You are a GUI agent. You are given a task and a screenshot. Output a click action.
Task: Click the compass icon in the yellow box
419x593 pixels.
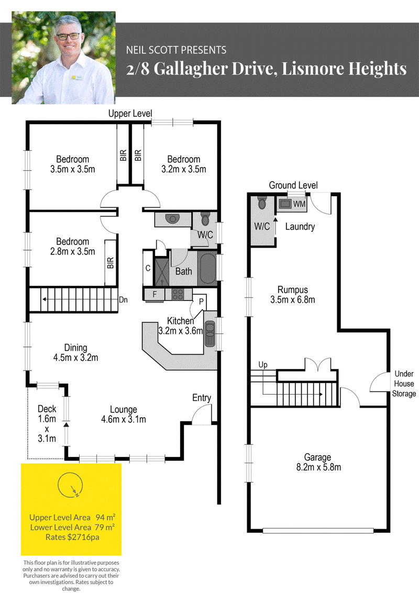click(x=70, y=485)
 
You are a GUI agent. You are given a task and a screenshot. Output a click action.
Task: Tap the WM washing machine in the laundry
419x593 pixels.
click(x=285, y=204)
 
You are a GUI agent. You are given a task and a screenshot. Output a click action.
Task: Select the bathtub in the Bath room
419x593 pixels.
click(x=207, y=268)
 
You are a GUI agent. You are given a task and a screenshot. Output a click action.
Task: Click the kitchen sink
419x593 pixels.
click(x=210, y=334)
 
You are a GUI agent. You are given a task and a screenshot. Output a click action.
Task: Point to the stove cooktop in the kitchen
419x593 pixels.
click(x=178, y=294)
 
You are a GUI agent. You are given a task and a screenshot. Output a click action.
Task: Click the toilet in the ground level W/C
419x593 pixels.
click(x=261, y=203)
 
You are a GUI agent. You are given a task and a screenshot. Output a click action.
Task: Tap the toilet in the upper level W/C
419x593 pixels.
click(x=205, y=219)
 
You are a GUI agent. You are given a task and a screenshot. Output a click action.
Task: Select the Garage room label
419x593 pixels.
click(x=318, y=462)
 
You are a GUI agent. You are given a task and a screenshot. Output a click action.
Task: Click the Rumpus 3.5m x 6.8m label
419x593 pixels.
click(x=293, y=295)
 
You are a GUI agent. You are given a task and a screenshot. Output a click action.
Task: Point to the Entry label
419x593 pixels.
click(x=201, y=397)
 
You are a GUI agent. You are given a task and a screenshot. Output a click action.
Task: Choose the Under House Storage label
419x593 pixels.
click(x=404, y=384)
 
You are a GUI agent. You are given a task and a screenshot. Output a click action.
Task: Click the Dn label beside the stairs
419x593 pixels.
click(x=123, y=300)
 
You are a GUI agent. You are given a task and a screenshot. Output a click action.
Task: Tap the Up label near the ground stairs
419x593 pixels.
click(x=263, y=365)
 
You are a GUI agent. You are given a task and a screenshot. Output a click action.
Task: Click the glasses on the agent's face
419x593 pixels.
click(x=68, y=36)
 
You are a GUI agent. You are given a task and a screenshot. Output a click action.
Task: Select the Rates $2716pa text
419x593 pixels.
click(x=72, y=537)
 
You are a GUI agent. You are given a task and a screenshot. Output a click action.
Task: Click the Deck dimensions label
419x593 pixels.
click(x=47, y=423)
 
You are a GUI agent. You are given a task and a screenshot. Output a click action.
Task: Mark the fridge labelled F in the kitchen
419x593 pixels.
click(x=154, y=295)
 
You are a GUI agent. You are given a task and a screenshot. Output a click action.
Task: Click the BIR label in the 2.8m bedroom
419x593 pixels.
click(x=111, y=263)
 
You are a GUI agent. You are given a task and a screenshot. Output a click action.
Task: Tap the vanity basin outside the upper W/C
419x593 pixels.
click(x=173, y=219)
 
